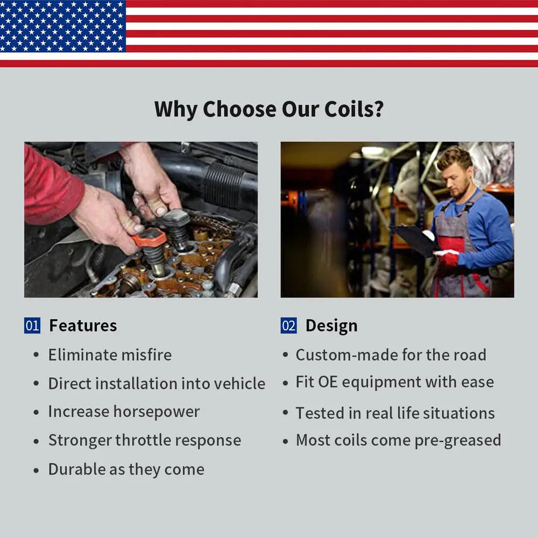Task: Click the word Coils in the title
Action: click(354, 109)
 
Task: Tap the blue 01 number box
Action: click(32, 325)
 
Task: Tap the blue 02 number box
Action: click(288, 325)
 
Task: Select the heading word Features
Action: click(83, 325)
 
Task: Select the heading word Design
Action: click(331, 326)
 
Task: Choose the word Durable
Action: click(77, 469)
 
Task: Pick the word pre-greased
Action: click(458, 441)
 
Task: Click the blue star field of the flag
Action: click(63, 26)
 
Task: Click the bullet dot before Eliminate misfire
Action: click(36, 355)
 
